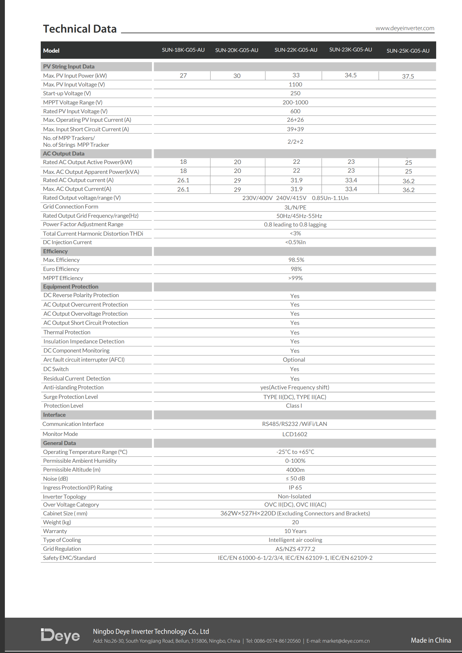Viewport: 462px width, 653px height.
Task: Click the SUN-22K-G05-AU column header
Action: [296, 50]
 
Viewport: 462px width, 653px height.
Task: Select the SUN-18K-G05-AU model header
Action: [183, 50]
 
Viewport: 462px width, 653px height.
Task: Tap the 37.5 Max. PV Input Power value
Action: [408, 76]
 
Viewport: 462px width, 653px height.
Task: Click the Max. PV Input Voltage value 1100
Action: [295, 84]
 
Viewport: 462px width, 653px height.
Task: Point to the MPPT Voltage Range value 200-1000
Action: [295, 102]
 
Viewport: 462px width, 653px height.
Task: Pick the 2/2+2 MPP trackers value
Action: [295, 142]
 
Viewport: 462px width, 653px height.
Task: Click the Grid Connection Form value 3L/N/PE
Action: [295, 207]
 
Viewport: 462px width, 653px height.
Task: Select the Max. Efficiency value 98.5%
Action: [296, 260]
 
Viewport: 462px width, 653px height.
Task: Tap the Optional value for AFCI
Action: [294, 360]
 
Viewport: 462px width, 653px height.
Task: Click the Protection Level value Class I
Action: [294, 405]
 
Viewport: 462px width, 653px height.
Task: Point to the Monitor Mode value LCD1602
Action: [295, 434]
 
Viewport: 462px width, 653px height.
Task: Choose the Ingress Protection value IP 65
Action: [295, 487]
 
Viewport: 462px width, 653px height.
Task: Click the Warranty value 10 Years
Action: [295, 531]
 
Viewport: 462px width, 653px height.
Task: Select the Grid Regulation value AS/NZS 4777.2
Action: [295, 549]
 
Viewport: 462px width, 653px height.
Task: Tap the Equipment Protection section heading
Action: [71, 287]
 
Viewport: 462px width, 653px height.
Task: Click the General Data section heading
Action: [59, 443]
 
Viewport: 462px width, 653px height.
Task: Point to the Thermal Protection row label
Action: [67, 332]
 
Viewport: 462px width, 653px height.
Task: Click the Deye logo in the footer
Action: [60, 636]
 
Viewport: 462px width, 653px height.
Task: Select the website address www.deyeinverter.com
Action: [405, 28]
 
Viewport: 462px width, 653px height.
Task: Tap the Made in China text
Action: [431, 640]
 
